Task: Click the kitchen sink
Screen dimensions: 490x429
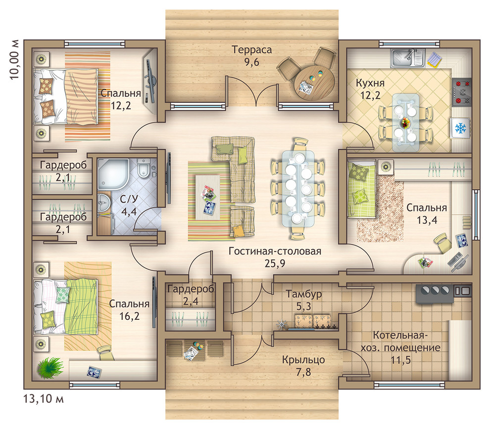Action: point(407,58)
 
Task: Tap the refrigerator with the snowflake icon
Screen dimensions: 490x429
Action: point(460,128)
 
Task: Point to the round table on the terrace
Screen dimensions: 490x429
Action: point(314,83)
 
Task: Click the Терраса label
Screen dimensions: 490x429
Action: point(251,49)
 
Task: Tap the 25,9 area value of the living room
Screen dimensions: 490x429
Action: point(275,263)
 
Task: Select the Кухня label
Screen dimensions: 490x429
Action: point(370,83)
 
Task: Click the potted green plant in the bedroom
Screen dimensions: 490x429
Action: point(50,368)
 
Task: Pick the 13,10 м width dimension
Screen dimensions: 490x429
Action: point(44,398)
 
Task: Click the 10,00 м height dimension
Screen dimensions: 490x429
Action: point(14,59)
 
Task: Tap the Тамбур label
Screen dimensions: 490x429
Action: point(304,294)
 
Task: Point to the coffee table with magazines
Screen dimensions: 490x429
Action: point(208,197)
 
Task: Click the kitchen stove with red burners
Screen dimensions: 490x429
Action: point(462,92)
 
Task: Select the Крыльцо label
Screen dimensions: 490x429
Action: point(303,360)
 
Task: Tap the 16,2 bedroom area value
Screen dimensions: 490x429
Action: point(129,316)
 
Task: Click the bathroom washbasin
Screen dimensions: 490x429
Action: point(103,203)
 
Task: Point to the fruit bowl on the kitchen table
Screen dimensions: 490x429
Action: point(405,122)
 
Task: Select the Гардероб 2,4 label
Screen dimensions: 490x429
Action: point(191,295)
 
